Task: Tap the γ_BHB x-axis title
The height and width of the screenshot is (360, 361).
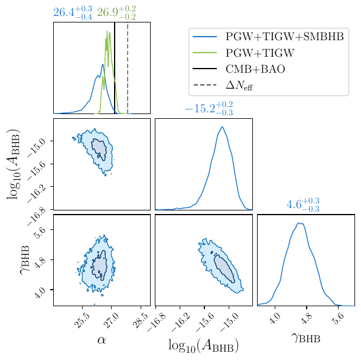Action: (x=305, y=339)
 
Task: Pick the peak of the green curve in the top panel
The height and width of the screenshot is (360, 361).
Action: (x=107, y=30)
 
